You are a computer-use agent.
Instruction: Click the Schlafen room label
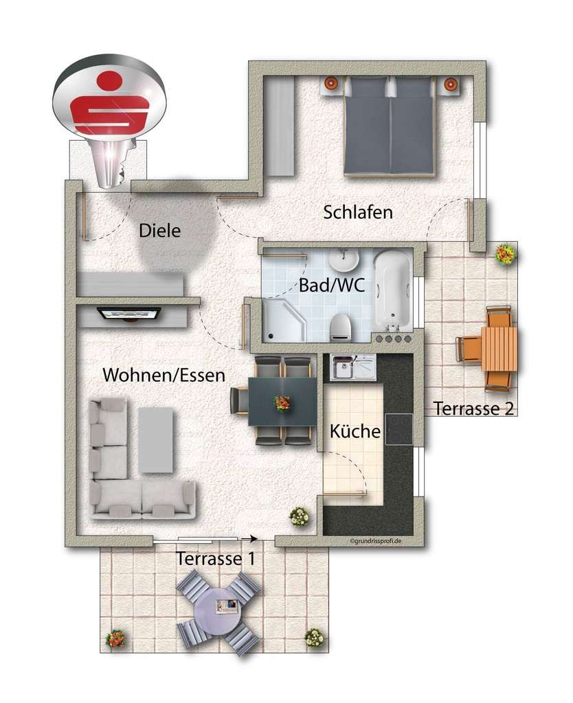click(358, 212)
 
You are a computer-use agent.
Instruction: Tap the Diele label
click(159, 231)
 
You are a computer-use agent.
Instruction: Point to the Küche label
click(355, 432)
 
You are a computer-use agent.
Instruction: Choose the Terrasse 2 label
click(475, 409)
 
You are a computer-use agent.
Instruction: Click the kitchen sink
click(352, 367)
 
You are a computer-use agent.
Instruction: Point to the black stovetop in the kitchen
click(398, 429)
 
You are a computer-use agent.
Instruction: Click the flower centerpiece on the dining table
click(282, 403)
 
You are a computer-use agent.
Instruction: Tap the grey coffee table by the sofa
click(156, 440)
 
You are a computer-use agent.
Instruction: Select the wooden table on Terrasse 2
click(499, 348)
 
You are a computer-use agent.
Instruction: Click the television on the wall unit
click(130, 314)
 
